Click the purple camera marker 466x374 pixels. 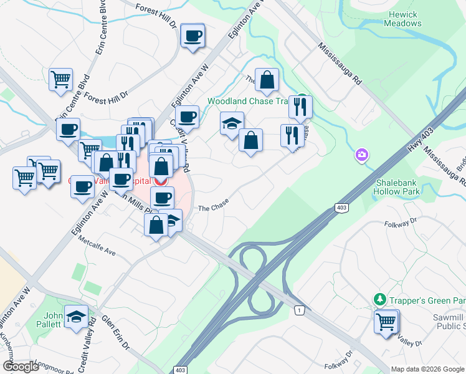click(x=362, y=155)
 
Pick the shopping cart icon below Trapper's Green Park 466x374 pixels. click(x=386, y=322)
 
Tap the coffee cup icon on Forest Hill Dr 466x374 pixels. click(x=193, y=36)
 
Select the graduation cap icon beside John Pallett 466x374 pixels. click(x=77, y=317)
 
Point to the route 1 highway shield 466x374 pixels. click(x=300, y=310)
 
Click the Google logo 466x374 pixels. click(x=21, y=367)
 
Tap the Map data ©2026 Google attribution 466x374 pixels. click(x=427, y=369)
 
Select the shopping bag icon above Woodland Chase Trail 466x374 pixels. click(x=267, y=80)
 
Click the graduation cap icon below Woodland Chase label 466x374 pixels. click(x=232, y=123)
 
